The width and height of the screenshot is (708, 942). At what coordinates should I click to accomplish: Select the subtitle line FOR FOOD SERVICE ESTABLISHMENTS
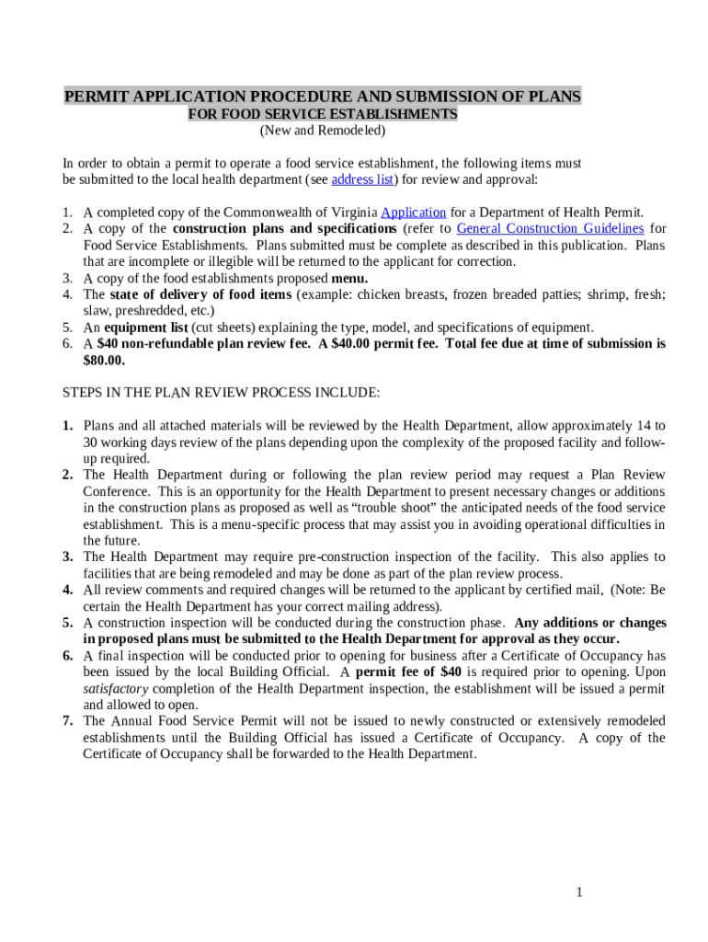[x=322, y=114]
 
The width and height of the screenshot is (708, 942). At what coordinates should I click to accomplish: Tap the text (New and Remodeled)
[x=322, y=131]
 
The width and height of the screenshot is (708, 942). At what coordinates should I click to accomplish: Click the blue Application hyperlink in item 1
[x=413, y=212]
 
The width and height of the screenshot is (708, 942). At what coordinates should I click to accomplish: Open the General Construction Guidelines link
[x=550, y=228]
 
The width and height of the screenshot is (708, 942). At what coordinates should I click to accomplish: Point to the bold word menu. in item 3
[x=349, y=278]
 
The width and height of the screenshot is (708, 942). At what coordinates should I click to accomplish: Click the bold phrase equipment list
[x=146, y=327]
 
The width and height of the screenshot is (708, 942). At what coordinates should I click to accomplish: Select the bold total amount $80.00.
[x=104, y=361]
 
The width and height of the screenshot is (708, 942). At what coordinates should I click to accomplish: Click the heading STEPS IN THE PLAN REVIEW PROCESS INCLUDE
[x=221, y=393]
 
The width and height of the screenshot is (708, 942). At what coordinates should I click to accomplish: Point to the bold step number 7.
[x=68, y=721]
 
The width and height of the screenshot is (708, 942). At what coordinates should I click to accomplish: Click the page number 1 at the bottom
[x=579, y=891]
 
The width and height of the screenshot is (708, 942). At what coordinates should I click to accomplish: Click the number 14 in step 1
[x=643, y=426]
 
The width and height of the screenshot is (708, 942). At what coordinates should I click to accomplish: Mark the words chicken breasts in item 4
[x=398, y=294]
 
